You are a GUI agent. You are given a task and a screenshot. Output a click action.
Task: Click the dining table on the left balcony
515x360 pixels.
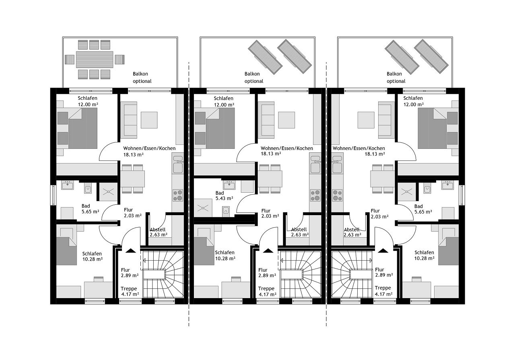point(95,59)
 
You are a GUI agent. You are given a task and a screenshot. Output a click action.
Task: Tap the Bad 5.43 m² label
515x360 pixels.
point(224,195)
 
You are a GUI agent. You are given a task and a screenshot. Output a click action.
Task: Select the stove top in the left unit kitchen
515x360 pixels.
point(178,195)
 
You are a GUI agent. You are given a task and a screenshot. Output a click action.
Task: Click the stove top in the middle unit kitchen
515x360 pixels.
point(315,195)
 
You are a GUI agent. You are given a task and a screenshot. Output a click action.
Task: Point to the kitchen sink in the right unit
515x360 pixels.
point(337,165)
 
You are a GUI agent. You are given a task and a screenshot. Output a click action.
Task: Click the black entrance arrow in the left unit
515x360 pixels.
point(131,251)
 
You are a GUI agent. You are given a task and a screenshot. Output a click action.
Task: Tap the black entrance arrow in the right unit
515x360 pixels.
point(383,251)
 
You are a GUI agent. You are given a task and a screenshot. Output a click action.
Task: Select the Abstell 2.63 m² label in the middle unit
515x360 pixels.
point(300,232)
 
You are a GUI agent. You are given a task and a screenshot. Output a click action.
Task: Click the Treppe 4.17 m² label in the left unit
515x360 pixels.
point(130,291)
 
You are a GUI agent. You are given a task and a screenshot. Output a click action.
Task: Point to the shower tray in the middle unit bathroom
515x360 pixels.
point(203,208)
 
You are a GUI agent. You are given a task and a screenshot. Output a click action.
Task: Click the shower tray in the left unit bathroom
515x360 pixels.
point(108,192)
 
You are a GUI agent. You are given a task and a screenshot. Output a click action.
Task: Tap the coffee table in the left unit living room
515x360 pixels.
point(149,120)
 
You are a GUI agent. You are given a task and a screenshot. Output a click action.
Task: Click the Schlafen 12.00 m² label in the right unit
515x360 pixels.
point(413,101)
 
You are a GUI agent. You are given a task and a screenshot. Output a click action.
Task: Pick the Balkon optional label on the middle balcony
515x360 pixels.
point(254,78)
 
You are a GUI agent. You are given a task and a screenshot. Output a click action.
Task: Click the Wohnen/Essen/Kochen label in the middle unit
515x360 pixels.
point(287,148)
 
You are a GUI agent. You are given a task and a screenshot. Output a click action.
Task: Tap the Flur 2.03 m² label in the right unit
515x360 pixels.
point(379,214)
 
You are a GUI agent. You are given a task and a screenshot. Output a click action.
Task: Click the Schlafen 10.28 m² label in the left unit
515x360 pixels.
point(93,256)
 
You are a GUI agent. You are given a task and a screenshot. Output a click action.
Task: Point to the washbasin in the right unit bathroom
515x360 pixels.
point(447,185)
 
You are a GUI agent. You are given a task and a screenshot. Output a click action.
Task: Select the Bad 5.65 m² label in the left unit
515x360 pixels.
point(91,209)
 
